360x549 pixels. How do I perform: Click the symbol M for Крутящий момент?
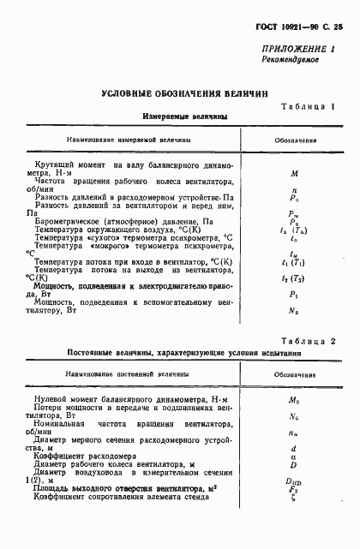point(294,171)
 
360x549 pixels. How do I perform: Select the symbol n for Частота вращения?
point(294,192)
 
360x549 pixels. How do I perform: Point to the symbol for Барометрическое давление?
point(294,221)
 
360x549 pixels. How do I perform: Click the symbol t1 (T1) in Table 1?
point(294,261)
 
